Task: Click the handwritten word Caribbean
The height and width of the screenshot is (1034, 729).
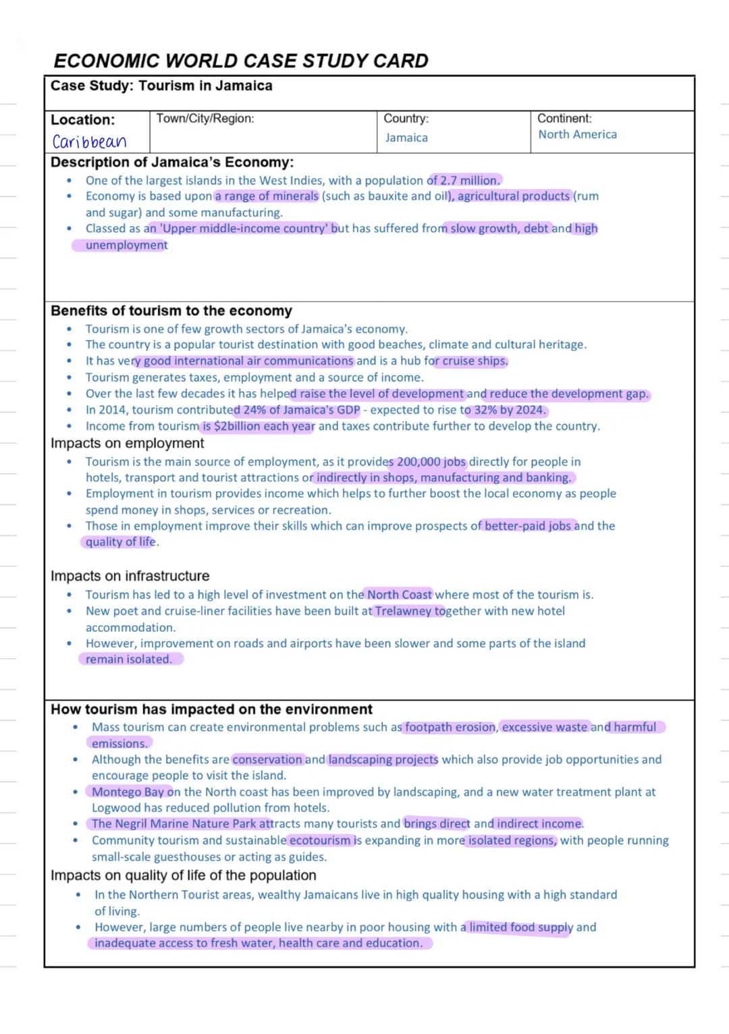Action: point(89,142)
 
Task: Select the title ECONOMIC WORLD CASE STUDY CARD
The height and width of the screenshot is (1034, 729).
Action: point(241,61)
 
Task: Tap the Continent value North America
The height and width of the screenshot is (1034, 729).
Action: point(577,134)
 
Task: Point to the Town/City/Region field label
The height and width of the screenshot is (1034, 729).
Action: point(205,119)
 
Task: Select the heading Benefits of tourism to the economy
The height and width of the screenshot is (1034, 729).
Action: point(171,311)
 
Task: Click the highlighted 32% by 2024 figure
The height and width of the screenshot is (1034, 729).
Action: point(510,410)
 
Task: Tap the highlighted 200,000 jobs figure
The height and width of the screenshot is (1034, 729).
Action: point(431,462)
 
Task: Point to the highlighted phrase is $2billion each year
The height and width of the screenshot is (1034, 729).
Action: point(259,427)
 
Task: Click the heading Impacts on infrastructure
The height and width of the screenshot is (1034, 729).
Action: point(130,576)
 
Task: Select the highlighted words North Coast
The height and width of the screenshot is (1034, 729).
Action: point(399,595)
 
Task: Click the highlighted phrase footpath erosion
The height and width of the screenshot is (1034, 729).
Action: point(450,728)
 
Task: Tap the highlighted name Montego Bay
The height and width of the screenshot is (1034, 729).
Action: point(128,792)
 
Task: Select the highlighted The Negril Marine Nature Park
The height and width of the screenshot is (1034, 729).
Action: point(173,824)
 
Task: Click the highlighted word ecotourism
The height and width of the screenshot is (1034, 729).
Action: point(320,841)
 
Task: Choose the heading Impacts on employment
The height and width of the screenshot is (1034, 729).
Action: point(127,443)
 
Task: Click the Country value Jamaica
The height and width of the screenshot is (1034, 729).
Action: point(406,138)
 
